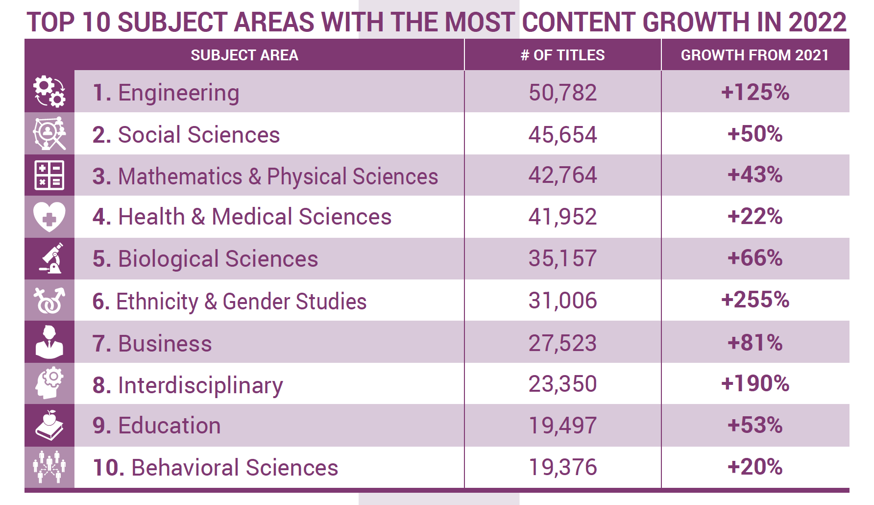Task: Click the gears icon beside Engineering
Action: coord(49,91)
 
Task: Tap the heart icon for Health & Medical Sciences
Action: coord(49,217)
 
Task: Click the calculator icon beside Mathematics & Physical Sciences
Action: coord(49,175)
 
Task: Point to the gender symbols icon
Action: coord(49,300)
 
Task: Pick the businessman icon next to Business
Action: coord(49,342)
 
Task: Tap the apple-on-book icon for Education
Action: coord(49,425)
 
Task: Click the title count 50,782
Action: coord(562,92)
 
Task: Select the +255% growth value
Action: coord(755,300)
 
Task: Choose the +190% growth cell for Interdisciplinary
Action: coord(755,383)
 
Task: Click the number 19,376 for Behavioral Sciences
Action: coord(562,467)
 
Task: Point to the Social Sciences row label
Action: coord(186,135)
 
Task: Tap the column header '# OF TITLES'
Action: coord(562,55)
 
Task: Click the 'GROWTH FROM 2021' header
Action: coord(754,55)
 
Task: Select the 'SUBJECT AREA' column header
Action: coord(244,55)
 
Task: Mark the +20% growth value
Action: coord(755,467)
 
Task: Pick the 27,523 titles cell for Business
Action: coord(562,343)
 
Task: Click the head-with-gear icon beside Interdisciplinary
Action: coord(49,383)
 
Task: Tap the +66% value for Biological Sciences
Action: coord(755,258)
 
